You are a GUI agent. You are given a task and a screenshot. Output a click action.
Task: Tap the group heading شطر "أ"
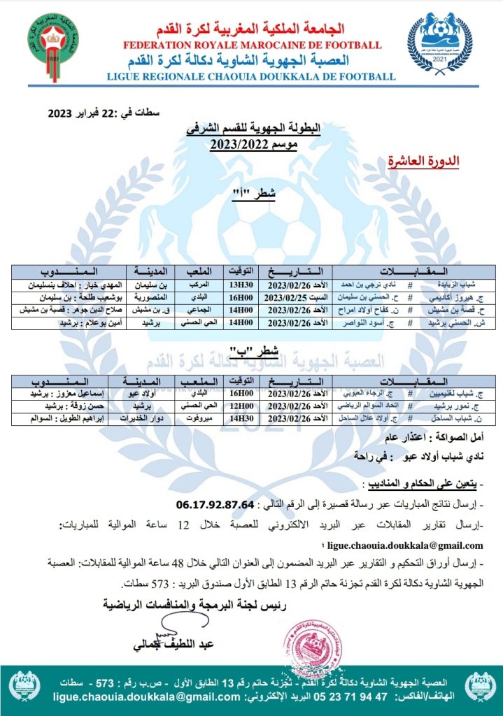(253, 192)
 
